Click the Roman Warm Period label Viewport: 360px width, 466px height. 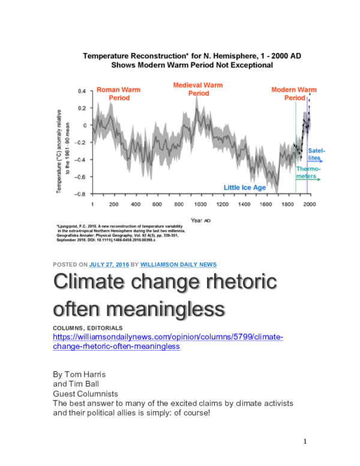[118, 94]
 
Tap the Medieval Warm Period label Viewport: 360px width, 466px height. [198, 89]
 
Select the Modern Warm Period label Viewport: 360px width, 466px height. [294, 94]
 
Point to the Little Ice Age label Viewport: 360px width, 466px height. [245, 187]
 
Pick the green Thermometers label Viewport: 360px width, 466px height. [308, 172]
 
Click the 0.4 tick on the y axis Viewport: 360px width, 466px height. [82, 91]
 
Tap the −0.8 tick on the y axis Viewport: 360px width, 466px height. [80, 194]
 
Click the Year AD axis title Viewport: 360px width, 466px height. [200, 220]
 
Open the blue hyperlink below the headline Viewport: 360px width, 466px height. [168, 342]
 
